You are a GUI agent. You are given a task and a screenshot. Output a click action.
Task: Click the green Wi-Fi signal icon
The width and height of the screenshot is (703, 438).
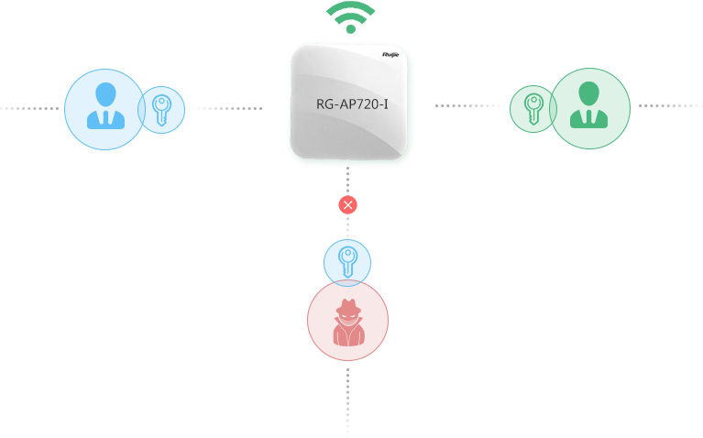coord(351,17)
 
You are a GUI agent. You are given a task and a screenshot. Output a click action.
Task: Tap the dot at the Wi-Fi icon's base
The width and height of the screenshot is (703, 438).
coord(351,29)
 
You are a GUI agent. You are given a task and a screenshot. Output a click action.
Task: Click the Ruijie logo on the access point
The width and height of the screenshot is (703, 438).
coord(392,55)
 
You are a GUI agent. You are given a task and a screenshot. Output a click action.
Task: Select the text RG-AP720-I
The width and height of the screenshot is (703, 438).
coord(352,104)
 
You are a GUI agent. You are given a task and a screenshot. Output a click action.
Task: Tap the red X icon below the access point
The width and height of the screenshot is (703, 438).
coord(347,205)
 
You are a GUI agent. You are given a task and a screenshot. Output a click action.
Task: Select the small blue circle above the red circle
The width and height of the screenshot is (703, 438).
coord(347,260)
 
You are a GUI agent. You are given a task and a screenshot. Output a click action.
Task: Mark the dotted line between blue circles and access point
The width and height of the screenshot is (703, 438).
coord(225,108)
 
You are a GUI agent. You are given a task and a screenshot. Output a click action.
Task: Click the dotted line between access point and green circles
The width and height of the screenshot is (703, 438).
coord(471,105)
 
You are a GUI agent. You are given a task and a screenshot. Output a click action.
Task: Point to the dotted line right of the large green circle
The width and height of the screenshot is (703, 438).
coord(670,105)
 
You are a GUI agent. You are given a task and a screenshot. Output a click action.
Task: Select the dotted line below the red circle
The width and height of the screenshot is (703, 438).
coord(347,399)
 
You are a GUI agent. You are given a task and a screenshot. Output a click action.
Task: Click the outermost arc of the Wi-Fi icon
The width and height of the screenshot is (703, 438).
coord(351,6)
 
